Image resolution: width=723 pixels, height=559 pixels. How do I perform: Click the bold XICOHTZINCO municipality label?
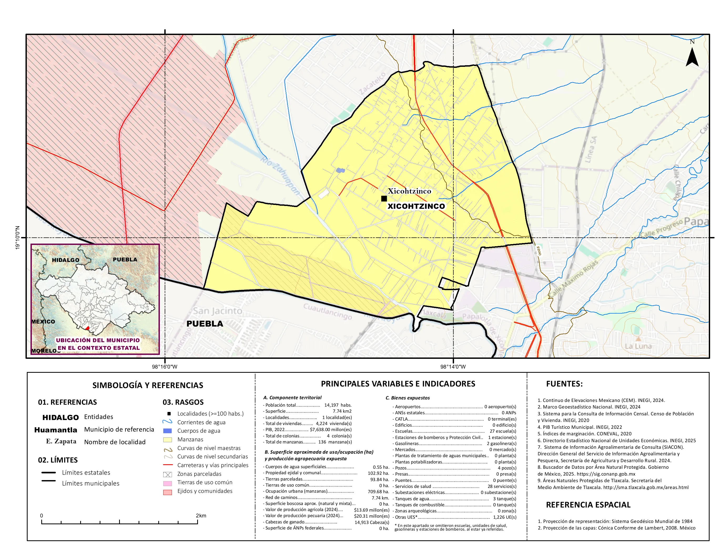(x=416, y=206)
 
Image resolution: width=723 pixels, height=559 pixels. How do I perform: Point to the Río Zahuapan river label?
(x=280, y=176)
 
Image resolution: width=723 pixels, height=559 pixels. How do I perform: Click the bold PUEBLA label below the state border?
(x=205, y=324)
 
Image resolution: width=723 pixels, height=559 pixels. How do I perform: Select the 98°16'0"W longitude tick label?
(x=165, y=367)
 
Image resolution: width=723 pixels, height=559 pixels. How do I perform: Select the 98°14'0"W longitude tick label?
(x=453, y=367)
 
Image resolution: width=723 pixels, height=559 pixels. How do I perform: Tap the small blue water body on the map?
(x=340, y=170)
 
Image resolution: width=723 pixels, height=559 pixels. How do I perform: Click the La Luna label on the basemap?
(x=638, y=346)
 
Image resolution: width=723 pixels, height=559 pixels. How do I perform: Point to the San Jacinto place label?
(x=217, y=311)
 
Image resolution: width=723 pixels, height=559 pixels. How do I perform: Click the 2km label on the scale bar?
(x=201, y=516)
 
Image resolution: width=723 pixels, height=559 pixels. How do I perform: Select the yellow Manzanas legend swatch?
(x=167, y=440)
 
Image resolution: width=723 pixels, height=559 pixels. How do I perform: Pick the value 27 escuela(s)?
(x=502, y=431)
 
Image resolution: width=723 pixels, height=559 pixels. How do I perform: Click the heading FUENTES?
(x=564, y=384)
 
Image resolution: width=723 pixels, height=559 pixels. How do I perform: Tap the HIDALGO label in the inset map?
(x=65, y=260)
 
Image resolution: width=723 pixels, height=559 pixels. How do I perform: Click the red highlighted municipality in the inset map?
(x=87, y=329)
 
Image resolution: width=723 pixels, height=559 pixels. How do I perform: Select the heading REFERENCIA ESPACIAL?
(x=588, y=505)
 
